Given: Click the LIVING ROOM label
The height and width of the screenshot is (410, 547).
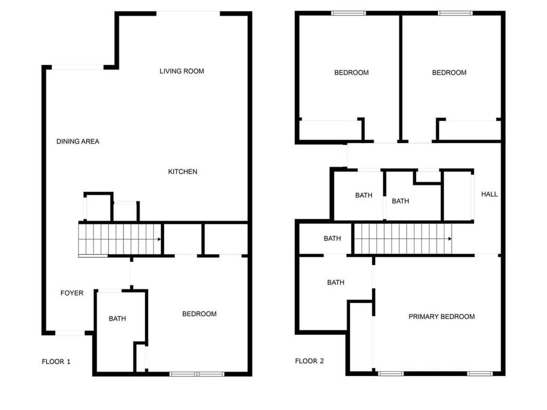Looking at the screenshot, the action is [x=182, y=71].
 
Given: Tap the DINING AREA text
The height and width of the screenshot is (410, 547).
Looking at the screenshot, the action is [x=78, y=141].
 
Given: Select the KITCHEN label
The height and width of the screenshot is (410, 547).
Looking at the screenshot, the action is [x=183, y=171].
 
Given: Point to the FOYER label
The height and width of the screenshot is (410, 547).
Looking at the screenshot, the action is [x=72, y=293].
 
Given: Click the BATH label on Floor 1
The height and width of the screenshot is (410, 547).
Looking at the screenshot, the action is [x=117, y=318].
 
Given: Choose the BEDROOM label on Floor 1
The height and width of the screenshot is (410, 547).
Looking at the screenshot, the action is [x=199, y=314].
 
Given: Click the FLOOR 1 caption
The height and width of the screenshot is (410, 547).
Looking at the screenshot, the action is [x=56, y=361].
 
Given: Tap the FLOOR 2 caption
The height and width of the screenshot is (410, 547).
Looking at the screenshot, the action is [x=309, y=361].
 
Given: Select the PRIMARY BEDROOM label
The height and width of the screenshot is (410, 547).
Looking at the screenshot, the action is [x=441, y=317].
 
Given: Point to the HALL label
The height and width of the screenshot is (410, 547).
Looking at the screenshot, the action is [x=489, y=194].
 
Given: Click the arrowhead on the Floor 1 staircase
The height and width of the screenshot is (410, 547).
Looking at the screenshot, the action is [x=159, y=239].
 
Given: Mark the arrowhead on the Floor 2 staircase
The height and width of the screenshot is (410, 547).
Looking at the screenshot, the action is [x=450, y=239].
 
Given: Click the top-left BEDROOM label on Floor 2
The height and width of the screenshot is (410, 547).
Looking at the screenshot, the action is [x=351, y=73].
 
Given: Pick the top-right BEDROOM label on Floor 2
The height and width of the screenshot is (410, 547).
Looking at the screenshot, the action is [x=449, y=73].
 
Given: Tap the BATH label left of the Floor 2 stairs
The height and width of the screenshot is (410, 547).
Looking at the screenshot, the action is [x=332, y=239].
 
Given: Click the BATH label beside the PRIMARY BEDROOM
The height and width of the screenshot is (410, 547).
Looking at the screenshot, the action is [x=335, y=282].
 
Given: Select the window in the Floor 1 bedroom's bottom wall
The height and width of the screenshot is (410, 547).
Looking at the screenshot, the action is [x=197, y=374].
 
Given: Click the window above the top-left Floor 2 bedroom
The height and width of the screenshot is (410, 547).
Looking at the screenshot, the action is [x=348, y=13].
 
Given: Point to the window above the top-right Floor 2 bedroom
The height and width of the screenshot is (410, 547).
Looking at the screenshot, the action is [x=455, y=13].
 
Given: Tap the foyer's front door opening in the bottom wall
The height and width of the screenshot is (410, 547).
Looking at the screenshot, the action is [x=70, y=333].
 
